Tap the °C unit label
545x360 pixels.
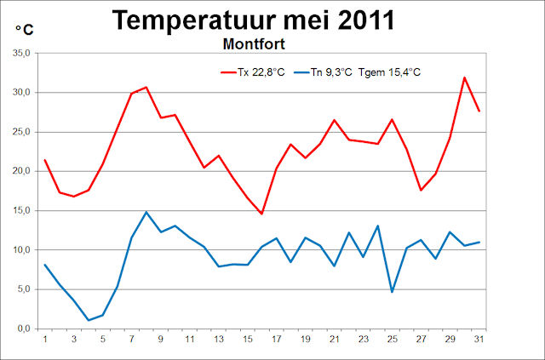point(25,30)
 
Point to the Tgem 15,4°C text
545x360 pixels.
point(391,72)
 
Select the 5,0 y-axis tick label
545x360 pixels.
point(22,289)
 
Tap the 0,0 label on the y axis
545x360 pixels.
point(22,329)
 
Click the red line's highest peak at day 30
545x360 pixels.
point(464,77)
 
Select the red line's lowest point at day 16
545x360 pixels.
point(261,214)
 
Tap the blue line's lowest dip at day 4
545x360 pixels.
point(88,320)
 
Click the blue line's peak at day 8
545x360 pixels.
point(146,212)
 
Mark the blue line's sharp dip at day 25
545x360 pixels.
point(392,292)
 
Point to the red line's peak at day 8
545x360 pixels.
point(146,87)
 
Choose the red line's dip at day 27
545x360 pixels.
point(421,190)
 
